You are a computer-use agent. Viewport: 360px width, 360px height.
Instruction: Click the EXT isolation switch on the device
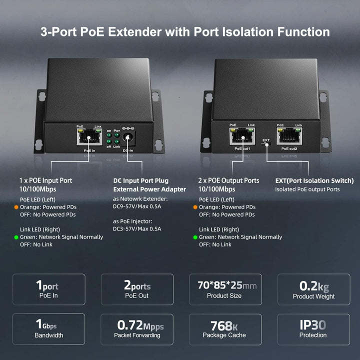click(x=267, y=144)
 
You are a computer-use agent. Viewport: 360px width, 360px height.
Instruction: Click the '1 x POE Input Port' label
click(x=46, y=180)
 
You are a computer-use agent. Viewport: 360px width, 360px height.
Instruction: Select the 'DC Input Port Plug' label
click(x=140, y=180)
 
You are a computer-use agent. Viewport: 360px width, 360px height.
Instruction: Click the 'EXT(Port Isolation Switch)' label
click(x=314, y=180)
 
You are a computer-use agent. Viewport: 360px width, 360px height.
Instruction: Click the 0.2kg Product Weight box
click(x=313, y=289)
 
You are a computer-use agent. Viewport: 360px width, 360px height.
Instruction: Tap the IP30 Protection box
click(x=313, y=329)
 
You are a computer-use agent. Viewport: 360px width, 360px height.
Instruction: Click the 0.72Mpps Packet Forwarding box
click(x=137, y=329)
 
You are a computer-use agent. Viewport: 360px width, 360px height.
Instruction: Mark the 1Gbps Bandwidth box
click(x=48, y=329)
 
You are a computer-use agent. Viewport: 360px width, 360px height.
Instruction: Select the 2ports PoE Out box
click(x=137, y=289)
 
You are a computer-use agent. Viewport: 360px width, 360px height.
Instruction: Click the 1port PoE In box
click(x=48, y=289)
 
